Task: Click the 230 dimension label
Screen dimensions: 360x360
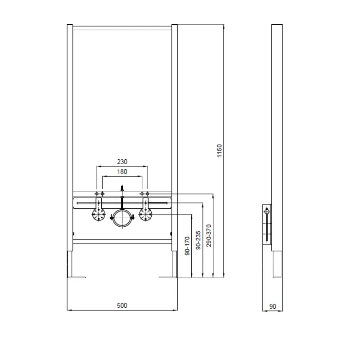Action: pos(122,162)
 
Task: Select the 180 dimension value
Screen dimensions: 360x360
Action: pos(122,172)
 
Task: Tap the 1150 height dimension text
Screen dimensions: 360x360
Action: pos(220,151)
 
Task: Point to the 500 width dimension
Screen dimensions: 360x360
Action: pos(122,306)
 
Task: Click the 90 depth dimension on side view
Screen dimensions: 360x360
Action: pos(273,306)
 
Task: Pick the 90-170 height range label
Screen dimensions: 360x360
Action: pos(187,246)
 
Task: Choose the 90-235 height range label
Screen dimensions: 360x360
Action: pos(198,240)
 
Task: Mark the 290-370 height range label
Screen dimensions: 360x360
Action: pos(209,235)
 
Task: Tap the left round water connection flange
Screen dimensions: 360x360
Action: pos(99,214)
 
